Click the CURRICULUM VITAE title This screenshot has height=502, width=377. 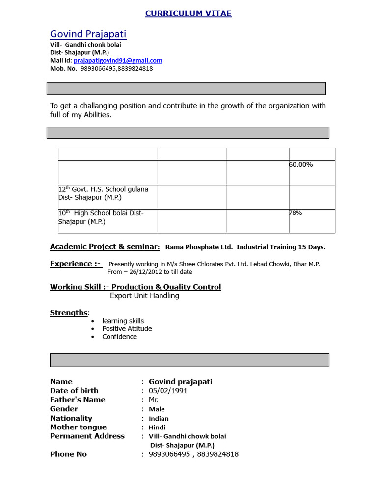(x=188, y=13)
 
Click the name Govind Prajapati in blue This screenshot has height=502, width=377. (x=88, y=34)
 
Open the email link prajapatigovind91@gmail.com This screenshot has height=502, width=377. (x=118, y=60)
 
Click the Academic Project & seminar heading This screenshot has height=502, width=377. (x=105, y=247)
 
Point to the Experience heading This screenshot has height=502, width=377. (x=75, y=264)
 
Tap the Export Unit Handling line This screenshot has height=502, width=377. (x=144, y=296)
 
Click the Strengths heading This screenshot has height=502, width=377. (x=69, y=313)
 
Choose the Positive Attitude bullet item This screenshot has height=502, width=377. (x=127, y=329)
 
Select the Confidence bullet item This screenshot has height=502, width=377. (x=119, y=337)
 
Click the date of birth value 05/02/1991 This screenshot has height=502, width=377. (x=168, y=391)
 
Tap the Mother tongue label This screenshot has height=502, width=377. (x=78, y=427)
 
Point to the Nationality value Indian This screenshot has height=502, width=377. (x=159, y=419)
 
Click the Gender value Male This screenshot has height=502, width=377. (x=157, y=409)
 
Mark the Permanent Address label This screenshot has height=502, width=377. (x=87, y=436)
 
